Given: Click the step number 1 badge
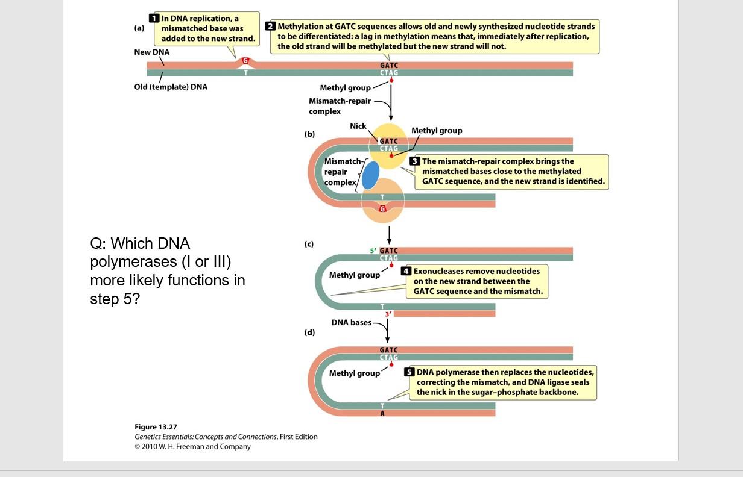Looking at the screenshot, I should click(x=154, y=19).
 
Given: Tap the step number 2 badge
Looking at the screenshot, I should click(x=271, y=26).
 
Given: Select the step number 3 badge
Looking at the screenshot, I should click(x=415, y=161).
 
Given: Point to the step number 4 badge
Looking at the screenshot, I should click(x=406, y=271).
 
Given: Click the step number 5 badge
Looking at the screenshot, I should click(x=409, y=372).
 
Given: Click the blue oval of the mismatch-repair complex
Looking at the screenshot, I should click(x=370, y=176).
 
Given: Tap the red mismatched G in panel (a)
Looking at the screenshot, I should click(x=245, y=61).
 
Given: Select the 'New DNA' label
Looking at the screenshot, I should click(x=151, y=52).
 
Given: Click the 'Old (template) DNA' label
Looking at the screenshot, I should click(x=171, y=87).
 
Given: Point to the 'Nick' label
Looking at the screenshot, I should click(x=358, y=126).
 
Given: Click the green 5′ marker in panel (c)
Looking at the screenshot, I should click(x=374, y=251).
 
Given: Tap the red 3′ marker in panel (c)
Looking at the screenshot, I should click(x=388, y=314).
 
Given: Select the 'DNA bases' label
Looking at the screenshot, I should click(x=352, y=322).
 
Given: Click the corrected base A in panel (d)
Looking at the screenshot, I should click(x=382, y=414).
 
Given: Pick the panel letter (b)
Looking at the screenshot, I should click(x=309, y=134).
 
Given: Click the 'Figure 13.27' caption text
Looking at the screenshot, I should click(x=156, y=427).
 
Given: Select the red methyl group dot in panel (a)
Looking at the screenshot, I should click(x=391, y=80).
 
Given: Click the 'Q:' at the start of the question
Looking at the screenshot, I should click(x=99, y=243).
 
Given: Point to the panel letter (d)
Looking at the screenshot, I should click(x=309, y=332).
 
